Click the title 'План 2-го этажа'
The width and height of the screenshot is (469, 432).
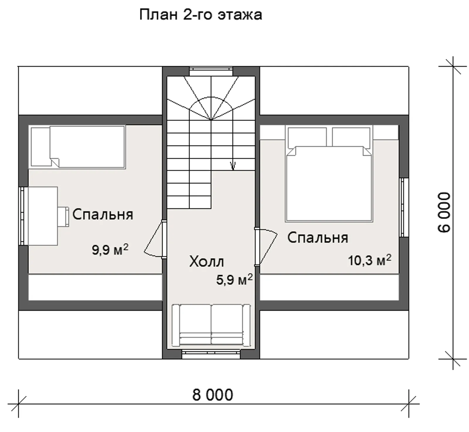(x=200, y=15)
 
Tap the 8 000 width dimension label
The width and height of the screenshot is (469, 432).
(x=213, y=395)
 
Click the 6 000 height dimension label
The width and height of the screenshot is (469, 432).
(x=444, y=212)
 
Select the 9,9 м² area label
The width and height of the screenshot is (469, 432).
(x=110, y=250)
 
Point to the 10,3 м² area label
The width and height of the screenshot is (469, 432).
(x=369, y=260)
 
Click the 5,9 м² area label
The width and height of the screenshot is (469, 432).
(x=234, y=280)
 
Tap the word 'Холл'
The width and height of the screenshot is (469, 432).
(x=206, y=262)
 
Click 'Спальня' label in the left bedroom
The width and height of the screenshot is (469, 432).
(x=103, y=214)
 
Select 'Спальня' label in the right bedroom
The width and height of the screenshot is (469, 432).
(x=317, y=238)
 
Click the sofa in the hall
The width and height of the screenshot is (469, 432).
(x=211, y=325)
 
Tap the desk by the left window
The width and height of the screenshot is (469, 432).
(x=43, y=216)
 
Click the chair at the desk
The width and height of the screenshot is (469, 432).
(x=63, y=216)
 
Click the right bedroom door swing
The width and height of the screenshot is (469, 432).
(x=267, y=246)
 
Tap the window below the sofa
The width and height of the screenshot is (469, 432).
(x=211, y=354)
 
